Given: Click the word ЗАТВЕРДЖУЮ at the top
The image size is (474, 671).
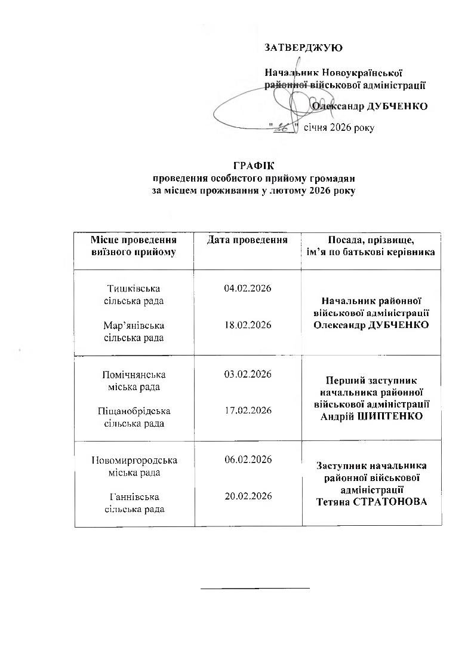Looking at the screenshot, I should pyautogui.click(x=303, y=47).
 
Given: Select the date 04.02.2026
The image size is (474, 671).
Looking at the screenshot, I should pyautogui.click(x=248, y=289).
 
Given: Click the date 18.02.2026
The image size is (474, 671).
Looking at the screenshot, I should pyautogui.click(x=248, y=325).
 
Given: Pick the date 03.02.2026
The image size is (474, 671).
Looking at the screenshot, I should pyautogui.click(x=248, y=374).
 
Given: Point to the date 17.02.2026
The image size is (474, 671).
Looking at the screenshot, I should pyautogui.click(x=248, y=410).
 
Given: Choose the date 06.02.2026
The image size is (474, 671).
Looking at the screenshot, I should pyautogui.click(x=248, y=459).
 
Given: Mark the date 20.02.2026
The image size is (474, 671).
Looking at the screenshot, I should pyautogui.click(x=248, y=496).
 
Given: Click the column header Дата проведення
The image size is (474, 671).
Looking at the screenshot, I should pyautogui.click(x=248, y=240).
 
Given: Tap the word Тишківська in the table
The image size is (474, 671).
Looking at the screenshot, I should pyautogui.click(x=134, y=289).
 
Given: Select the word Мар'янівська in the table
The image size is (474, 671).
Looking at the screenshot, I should pyautogui.click(x=134, y=326).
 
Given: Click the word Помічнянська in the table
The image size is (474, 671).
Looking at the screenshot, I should pyautogui.click(x=134, y=375).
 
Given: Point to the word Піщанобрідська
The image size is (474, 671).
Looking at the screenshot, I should pyautogui.click(x=134, y=411).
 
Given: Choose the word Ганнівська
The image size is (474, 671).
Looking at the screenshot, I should pyautogui.click(x=134, y=497).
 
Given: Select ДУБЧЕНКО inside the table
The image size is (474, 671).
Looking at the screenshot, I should pyautogui.click(x=395, y=324).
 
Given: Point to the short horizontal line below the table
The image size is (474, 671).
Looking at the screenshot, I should pyautogui.click(x=255, y=589).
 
